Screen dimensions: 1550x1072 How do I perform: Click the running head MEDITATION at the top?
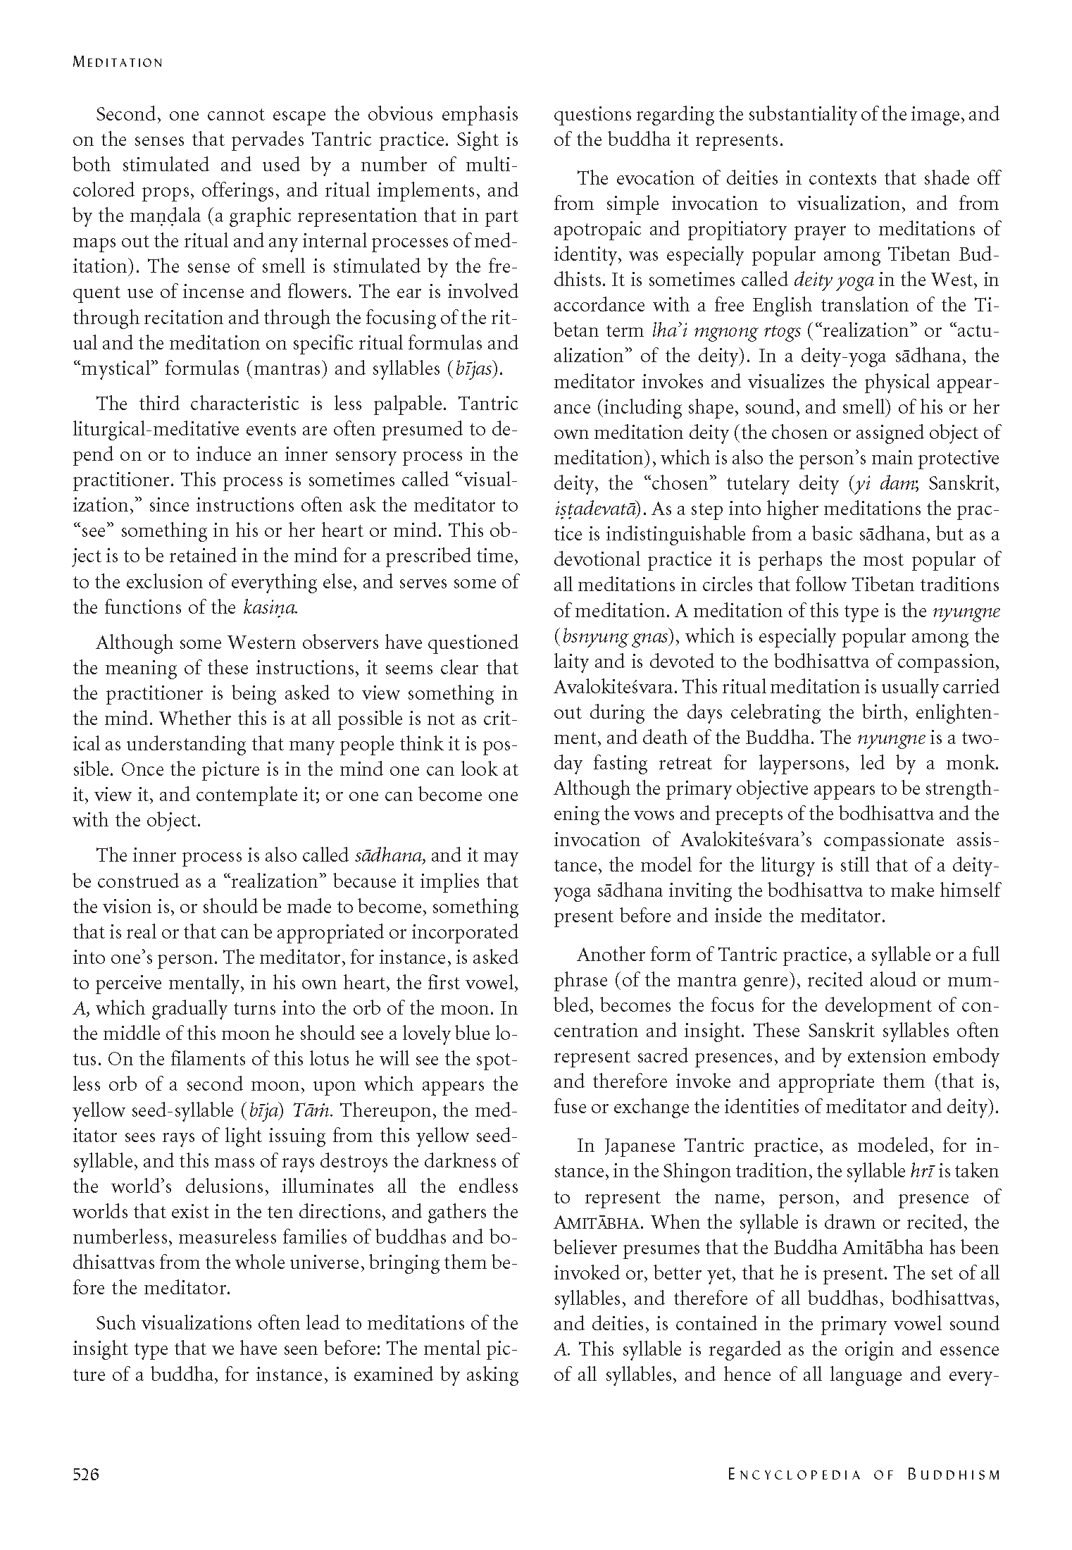[118, 62]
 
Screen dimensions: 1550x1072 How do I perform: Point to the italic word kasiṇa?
[270, 607]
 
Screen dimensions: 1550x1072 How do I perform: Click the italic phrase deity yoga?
[833, 280]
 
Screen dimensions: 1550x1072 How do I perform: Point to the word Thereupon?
[390, 1110]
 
